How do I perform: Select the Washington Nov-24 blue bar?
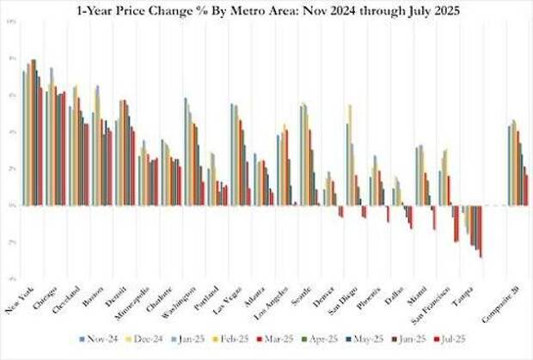(x=186, y=151)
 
